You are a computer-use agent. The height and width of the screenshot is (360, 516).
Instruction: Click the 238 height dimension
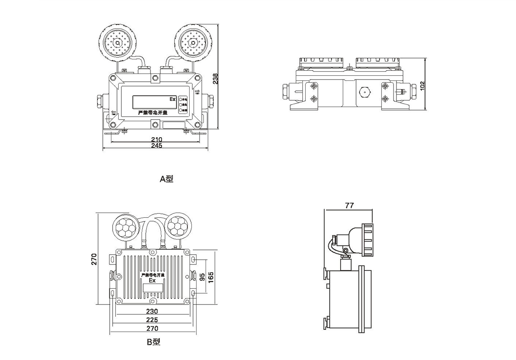click(216, 78)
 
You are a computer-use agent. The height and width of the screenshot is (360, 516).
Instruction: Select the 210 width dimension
click(157, 139)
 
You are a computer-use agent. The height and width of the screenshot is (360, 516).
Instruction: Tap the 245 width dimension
click(157, 146)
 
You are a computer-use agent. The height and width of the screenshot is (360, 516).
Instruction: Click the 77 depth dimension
click(349, 206)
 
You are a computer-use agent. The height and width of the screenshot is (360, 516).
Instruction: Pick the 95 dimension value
click(202, 277)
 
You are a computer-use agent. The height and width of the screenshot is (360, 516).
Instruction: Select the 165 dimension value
click(211, 277)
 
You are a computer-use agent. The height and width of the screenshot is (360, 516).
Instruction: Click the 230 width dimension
click(152, 311)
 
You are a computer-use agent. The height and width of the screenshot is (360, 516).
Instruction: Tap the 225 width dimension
click(152, 320)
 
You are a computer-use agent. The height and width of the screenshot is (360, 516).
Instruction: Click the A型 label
click(166, 179)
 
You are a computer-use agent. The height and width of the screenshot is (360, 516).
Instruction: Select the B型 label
click(153, 342)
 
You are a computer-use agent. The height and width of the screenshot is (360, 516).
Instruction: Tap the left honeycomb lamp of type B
click(126, 226)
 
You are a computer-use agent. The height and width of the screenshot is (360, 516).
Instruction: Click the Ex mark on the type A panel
click(172, 99)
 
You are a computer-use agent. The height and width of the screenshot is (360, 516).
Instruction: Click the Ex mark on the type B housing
click(152, 280)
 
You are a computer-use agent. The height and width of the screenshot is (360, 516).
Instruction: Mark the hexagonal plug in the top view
click(364, 92)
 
